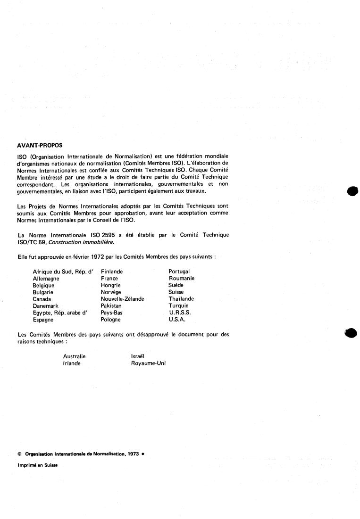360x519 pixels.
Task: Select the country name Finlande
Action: click(112, 272)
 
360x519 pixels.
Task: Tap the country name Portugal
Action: click(179, 272)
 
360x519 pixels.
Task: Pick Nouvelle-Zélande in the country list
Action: click(122, 299)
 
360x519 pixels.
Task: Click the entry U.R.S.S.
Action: click(179, 313)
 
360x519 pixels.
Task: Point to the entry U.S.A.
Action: click(177, 320)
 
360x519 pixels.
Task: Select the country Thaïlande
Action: click(181, 299)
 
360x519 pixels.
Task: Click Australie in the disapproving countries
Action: click(75, 357)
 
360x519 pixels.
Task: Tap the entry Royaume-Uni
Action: click(148, 363)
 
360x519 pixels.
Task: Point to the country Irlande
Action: click(72, 363)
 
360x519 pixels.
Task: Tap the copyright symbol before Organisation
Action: click(19, 453)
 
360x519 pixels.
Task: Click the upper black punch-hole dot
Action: click(352, 191)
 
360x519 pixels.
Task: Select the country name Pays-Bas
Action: click(111, 313)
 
